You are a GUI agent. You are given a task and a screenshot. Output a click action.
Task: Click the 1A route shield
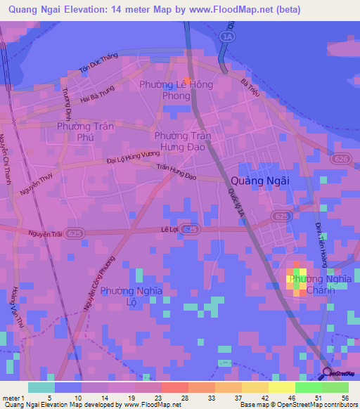pyautogui.click(x=226, y=36)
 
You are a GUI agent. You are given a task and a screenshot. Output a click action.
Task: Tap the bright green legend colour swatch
pyautogui.click(x=309, y=387)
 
